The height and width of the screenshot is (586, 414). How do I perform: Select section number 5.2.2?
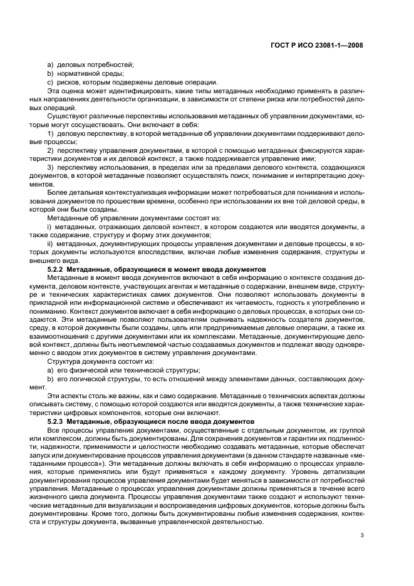60,269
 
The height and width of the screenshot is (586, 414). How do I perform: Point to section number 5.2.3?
60,423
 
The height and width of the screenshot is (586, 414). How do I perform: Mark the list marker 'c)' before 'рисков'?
50,83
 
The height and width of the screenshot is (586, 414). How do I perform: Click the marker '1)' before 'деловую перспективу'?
51,134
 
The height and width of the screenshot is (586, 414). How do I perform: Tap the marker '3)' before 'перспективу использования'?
51,168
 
